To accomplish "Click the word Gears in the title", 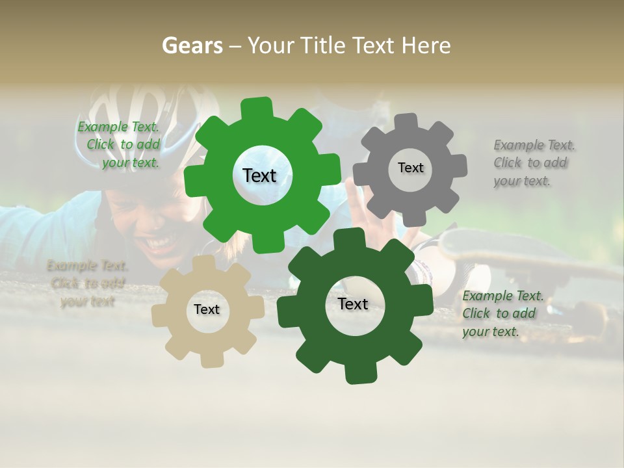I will coord(191,45).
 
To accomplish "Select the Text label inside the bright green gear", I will coord(259,175).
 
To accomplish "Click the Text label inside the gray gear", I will coord(410,168).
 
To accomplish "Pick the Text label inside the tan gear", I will coord(207,309).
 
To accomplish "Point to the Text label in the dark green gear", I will coord(353,304).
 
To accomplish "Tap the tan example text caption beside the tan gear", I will coord(87,283).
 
